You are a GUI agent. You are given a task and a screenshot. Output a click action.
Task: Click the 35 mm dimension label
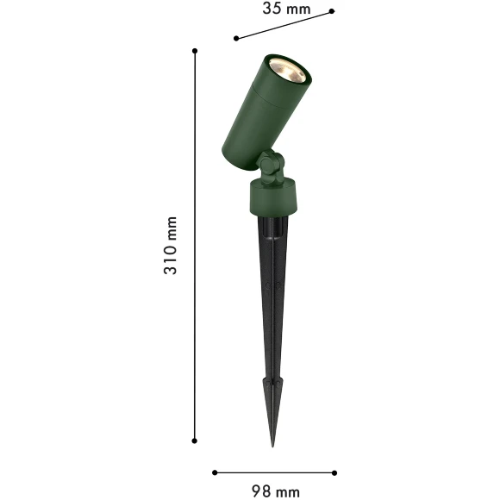click(286, 9)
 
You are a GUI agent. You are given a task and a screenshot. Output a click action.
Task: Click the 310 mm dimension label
click(170, 245)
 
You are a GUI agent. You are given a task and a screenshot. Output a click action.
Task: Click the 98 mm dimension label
click(276, 491)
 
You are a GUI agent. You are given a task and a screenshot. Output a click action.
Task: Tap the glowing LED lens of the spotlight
click(287, 71)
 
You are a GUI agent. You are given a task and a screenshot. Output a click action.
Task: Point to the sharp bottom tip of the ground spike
click(272, 446)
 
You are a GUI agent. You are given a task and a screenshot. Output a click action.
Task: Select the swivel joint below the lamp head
click(272, 167)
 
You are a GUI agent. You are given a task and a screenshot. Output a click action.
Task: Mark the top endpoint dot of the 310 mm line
click(195, 51)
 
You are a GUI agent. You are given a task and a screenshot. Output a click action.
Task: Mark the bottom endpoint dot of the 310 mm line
click(195, 441)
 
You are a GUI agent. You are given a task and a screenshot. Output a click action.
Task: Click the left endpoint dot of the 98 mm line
click(215, 472)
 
